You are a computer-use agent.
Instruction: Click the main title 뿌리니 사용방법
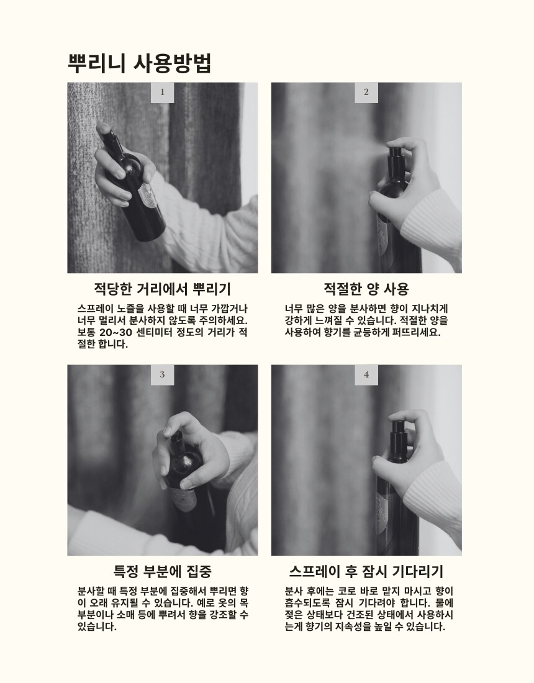[140, 63]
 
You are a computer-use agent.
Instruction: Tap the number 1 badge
[163, 93]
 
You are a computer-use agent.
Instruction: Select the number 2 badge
[366, 93]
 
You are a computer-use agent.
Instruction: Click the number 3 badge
[163, 374]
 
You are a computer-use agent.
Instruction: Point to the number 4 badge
[366, 374]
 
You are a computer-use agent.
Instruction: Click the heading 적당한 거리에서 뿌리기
[163, 288]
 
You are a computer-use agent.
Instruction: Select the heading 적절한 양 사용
[366, 288]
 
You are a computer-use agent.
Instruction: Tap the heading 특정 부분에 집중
[163, 571]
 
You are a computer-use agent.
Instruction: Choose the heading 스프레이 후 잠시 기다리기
[366, 571]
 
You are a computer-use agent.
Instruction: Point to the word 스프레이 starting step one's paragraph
[96, 309]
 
